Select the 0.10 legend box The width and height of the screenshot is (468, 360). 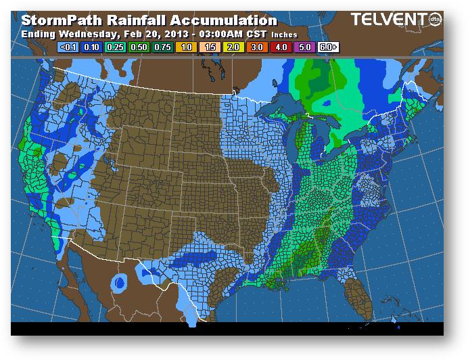coord(91,47)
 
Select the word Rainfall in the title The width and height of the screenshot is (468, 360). coord(133,20)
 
